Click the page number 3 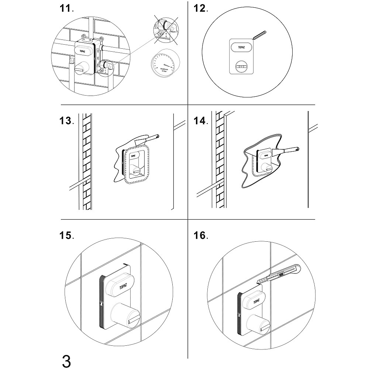pyautogui.click(x=66, y=360)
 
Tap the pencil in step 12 pyautogui.click(x=259, y=35)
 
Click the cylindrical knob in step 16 pyautogui.click(x=261, y=322)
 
